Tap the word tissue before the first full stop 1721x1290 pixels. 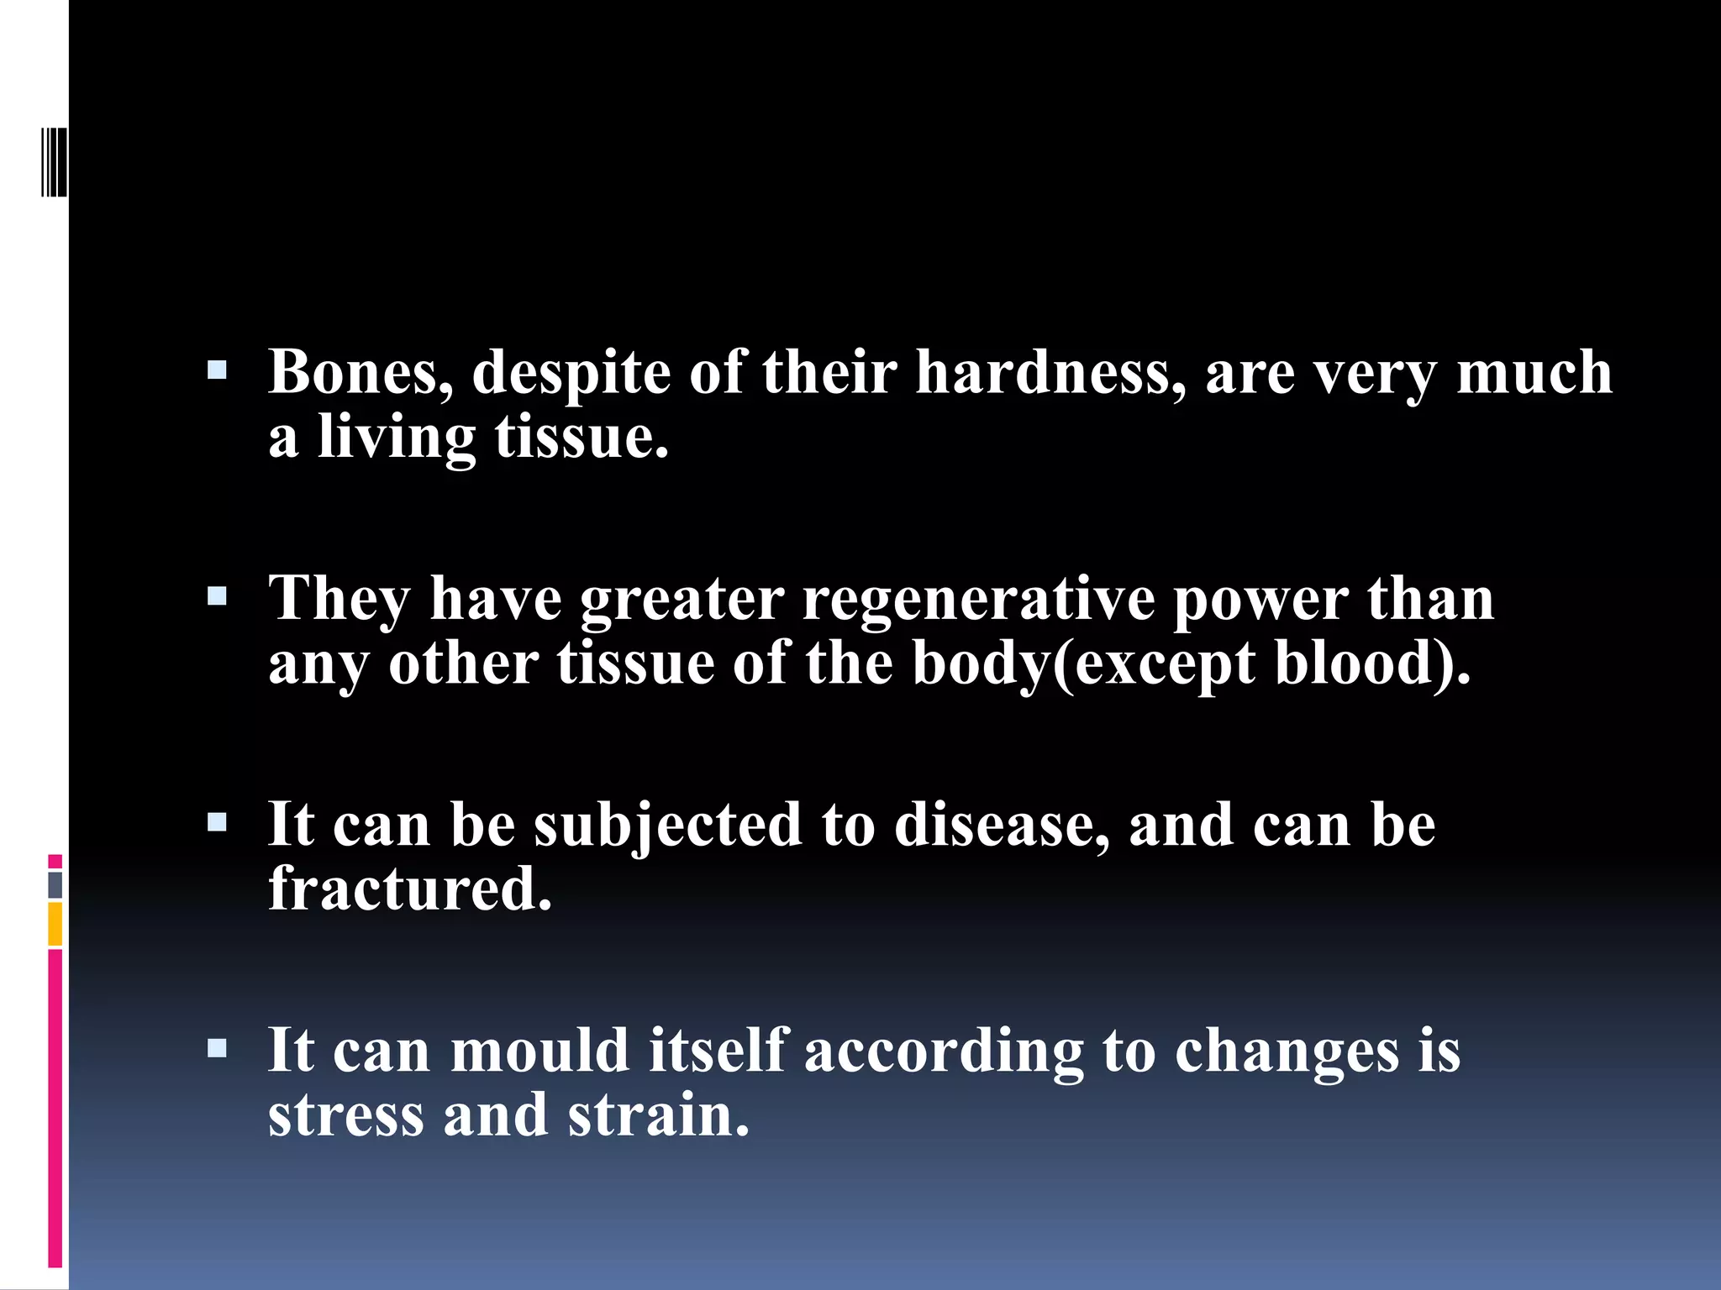(582, 437)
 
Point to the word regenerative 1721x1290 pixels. (979, 599)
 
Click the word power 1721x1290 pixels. (1260, 599)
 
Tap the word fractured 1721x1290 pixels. (410, 889)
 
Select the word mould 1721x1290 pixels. (540, 1051)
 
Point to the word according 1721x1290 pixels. (945, 1051)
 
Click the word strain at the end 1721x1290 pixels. (658, 1115)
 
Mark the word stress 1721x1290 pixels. (346, 1115)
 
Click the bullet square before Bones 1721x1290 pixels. (217, 370)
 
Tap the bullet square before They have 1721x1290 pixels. (217, 597)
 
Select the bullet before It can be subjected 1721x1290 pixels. (217, 822)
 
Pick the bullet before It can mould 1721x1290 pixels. (217, 1048)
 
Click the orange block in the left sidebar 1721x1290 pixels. (55, 924)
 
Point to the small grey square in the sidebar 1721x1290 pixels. (55, 884)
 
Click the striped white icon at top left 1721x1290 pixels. (54, 162)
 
